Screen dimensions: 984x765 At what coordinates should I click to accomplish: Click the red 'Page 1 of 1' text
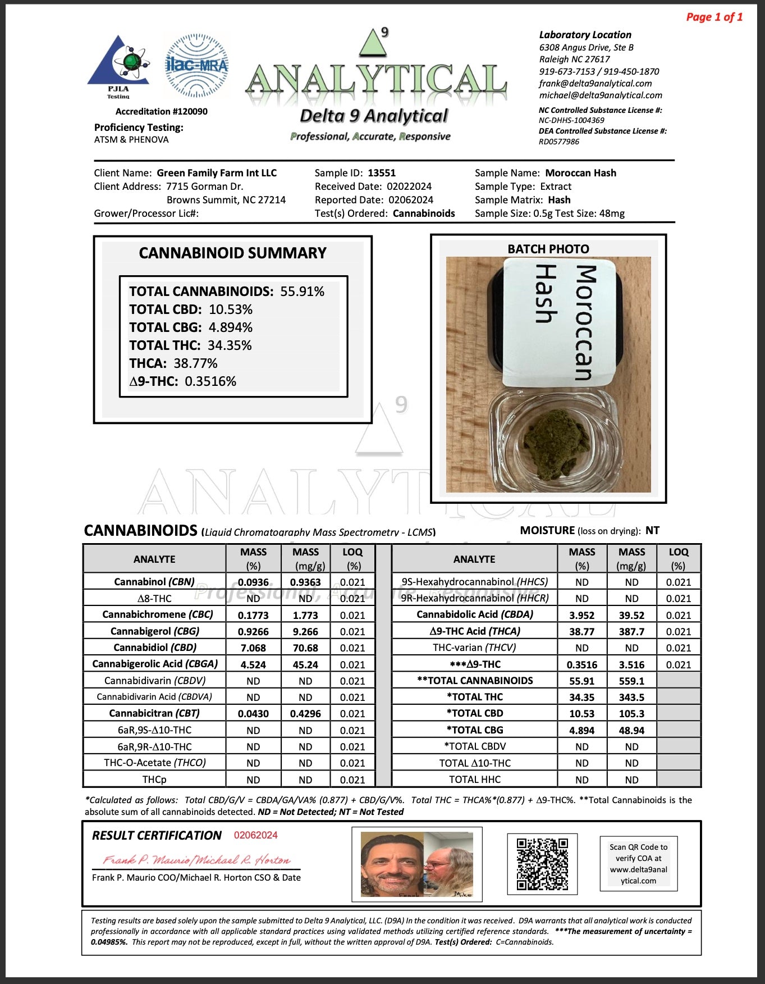pyautogui.click(x=714, y=17)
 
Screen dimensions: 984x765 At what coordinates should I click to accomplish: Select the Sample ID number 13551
pyautogui.click(x=382, y=173)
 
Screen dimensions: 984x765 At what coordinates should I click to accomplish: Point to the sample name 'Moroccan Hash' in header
pyautogui.click(x=580, y=173)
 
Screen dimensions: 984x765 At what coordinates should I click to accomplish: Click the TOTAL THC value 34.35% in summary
pyautogui.click(x=230, y=345)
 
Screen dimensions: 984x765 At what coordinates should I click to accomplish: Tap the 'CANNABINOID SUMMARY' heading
pyautogui.click(x=232, y=253)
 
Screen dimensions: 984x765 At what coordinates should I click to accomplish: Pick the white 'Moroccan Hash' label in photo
pyautogui.click(x=560, y=322)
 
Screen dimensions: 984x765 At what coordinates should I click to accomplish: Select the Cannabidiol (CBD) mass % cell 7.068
pyautogui.click(x=253, y=648)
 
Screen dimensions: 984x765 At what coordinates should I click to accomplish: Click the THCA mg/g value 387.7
pyautogui.click(x=631, y=631)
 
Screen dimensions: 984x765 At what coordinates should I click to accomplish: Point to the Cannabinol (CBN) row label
pyautogui.click(x=154, y=582)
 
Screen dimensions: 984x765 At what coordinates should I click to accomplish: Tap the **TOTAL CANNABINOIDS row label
pyautogui.click(x=475, y=681)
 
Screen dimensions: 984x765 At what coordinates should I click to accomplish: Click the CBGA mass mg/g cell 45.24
pyautogui.click(x=305, y=664)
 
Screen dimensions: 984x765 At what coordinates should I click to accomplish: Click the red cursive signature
pyautogui.click(x=196, y=860)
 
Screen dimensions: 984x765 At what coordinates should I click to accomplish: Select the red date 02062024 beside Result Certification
pyautogui.click(x=256, y=835)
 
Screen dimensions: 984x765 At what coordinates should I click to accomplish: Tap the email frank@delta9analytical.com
pyautogui.click(x=595, y=83)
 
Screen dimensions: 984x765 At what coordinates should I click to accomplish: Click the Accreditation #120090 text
pyautogui.click(x=161, y=111)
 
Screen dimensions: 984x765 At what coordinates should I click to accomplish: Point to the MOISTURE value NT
pyautogui.click(x=652, y=530)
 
